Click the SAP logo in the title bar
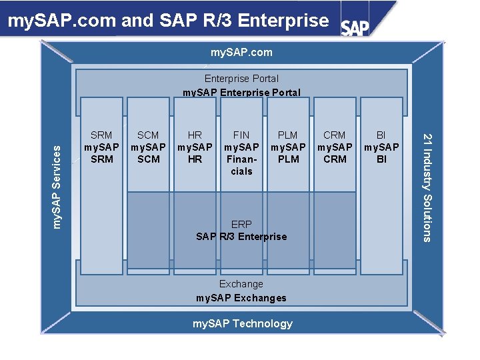tap(355, 27)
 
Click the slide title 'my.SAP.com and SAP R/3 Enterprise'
tap(168, 21)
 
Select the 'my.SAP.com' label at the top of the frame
tap(241, 52)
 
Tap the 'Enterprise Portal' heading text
tap(241, 79)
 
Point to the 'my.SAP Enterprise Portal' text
tap(241, 92)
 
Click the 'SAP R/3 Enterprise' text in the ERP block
tap(241, 237)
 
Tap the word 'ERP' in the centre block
tap(241, 224)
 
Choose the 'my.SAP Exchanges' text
tap(241, 298)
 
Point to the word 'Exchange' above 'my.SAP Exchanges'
tap(241, 284)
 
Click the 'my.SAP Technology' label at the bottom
tap(243, 323)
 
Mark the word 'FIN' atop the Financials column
tap(241, 135)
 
